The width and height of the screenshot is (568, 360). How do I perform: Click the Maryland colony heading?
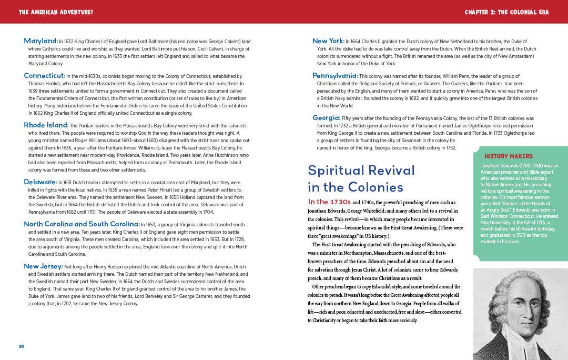pos(40,41)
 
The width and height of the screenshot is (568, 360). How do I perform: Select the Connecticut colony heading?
pos(44,76)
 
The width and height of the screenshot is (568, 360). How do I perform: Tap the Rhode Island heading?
pos(46,125)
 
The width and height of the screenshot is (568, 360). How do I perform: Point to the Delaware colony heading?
pos(40,182)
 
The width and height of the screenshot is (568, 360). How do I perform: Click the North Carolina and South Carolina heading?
pos(81,224)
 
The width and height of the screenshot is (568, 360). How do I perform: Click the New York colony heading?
pos(328,41)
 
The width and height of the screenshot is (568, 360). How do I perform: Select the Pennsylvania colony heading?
pos(335,76)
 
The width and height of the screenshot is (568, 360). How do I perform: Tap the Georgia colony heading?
pos(326,118)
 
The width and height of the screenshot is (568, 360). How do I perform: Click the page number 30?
pos(22,346)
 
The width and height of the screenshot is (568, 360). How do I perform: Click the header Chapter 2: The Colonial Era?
pos(506,12)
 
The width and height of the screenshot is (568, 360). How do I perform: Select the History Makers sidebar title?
pos(509,156)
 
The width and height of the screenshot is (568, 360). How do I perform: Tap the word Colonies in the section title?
pos(377,187)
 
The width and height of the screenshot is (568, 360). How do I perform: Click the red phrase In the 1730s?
pos(329,202)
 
